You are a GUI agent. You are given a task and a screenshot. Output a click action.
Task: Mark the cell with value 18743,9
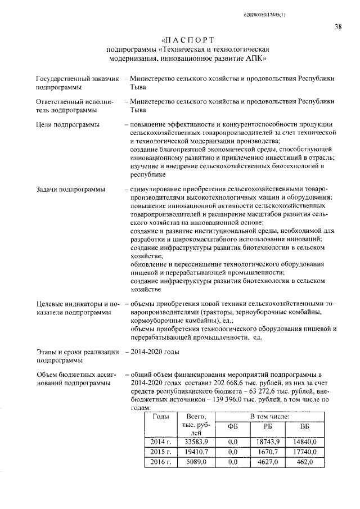tap(268, 442)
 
